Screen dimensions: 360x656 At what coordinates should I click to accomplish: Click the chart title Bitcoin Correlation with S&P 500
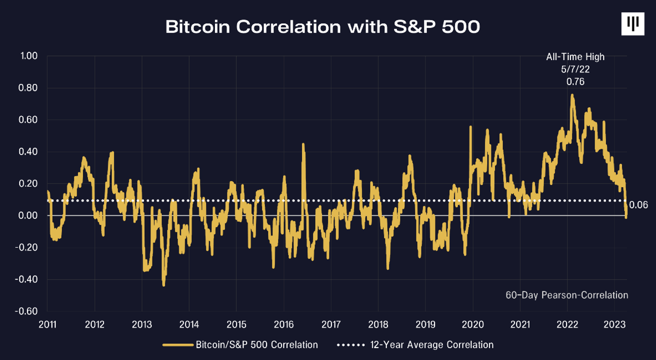[322, 27]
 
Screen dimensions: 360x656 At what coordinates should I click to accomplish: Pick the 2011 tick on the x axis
[47, 323]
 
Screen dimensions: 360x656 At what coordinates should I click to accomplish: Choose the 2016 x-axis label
[283, 323]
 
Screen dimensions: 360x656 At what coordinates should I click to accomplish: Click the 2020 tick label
[472, 323]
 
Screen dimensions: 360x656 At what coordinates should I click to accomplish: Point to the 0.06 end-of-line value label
[638, 205]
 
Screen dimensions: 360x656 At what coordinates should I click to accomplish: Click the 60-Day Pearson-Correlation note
[566, 295]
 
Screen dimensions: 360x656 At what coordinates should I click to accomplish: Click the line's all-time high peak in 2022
[572, 95]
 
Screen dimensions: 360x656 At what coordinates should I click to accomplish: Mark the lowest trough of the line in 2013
[163, 285]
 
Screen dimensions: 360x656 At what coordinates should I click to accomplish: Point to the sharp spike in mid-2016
[303, 144]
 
